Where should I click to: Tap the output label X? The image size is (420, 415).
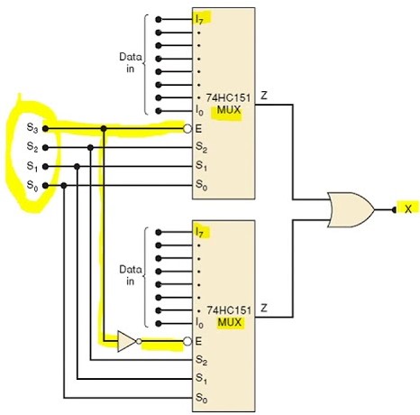[408, 208]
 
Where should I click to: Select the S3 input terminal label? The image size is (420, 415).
[32, 127]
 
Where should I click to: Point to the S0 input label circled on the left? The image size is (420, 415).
[32, 185]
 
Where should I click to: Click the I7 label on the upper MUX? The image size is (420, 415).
[199, 20]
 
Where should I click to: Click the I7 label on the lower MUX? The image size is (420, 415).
[199, 232]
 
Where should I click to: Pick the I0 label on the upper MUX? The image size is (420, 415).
[199, 111]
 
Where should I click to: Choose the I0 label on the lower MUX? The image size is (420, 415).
[199, 323]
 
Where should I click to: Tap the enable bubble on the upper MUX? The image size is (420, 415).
[187, 129]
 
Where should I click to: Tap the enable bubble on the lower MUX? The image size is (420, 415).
[187, 341]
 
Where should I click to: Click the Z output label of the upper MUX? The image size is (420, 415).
[264, 96]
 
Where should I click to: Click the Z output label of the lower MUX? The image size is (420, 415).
[264, 308]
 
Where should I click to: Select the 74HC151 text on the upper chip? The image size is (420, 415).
[228, 98]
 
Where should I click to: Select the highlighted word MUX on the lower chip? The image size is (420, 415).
[229, 322]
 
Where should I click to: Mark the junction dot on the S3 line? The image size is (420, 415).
[104, 129]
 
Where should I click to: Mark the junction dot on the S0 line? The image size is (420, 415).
[64, 186]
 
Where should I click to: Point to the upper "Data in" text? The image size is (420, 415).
[131, 62]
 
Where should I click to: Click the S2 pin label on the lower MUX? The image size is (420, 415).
[201, 360]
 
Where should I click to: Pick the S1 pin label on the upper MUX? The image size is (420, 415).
[201, 166]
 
